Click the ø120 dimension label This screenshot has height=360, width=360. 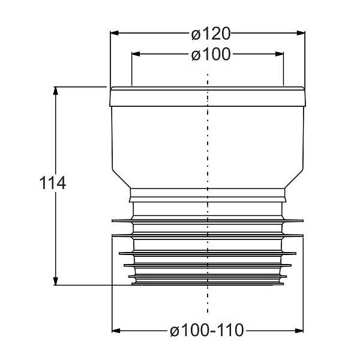click(211, 34)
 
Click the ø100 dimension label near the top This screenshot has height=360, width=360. click(211, 55)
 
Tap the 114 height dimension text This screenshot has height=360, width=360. click(53, 183)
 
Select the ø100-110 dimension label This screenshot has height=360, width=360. click(206, 330)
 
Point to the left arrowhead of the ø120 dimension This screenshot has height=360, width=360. click(115, 33)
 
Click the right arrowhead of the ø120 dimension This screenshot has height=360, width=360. click(301, 33)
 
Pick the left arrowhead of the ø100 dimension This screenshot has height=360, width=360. click(136, 54)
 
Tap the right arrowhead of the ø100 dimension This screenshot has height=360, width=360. click(280, 54)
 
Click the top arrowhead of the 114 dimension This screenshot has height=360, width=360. click(55, 91)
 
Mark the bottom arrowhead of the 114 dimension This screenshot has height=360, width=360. click(55, 281)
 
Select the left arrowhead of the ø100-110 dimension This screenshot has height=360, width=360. click(116, 331)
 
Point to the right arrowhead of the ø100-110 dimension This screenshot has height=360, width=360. click(299, 331)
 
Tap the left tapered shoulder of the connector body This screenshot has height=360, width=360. click(121, 179)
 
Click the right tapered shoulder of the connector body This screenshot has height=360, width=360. click(294, 179)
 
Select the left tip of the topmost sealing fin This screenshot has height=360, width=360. click(112, 221)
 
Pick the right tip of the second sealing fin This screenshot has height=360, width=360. click(303, 236)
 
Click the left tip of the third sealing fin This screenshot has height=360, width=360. click(119, 253)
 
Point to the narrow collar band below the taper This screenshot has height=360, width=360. click(208, 195)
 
